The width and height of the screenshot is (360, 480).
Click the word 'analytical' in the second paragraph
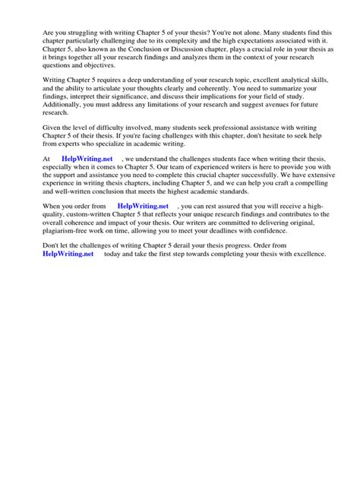tap(265, 90)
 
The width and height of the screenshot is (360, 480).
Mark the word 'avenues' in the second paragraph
tap(284, 119)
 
